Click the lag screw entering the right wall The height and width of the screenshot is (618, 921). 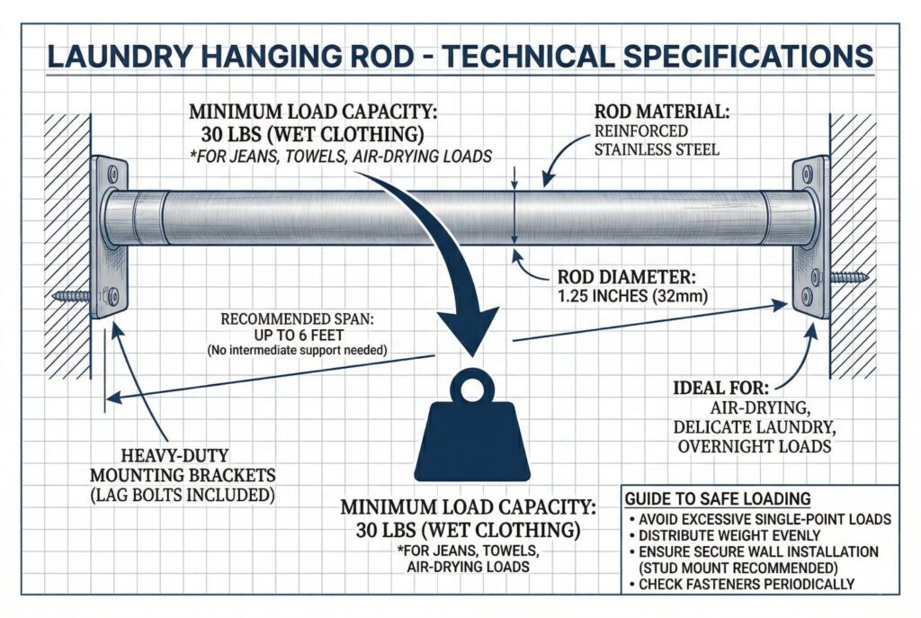pyautogui.click(x=847, y=278)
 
